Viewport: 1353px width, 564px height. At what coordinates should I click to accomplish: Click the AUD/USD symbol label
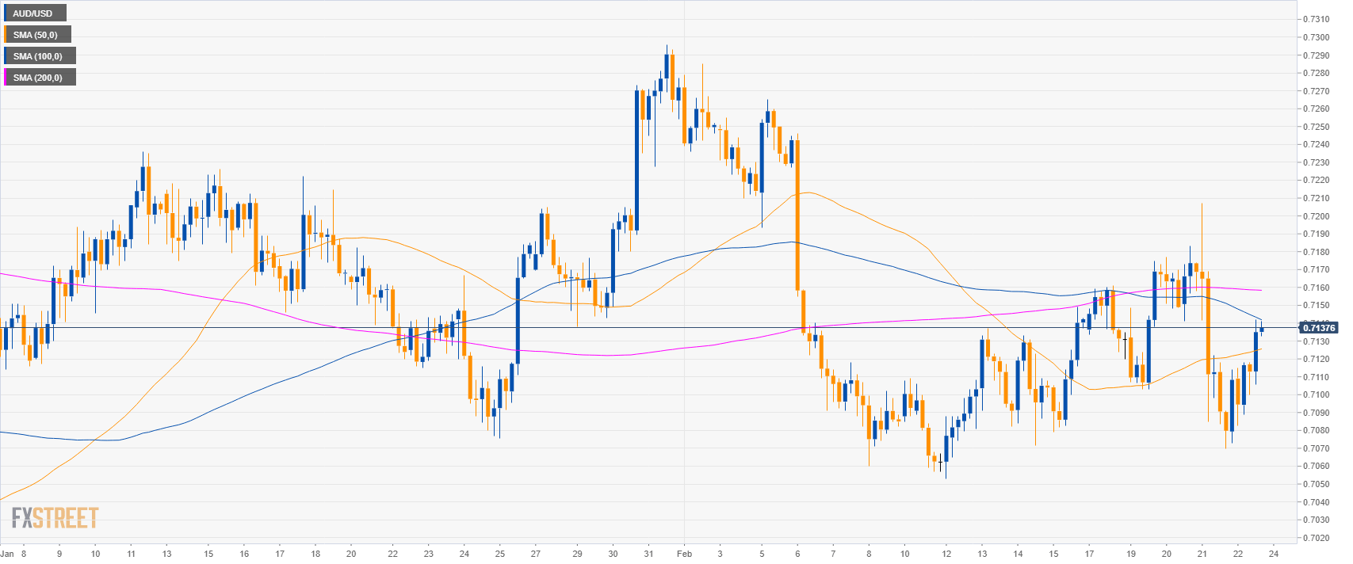(x=32, y=13)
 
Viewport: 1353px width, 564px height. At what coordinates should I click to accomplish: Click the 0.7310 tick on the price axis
(x=1317, y=19)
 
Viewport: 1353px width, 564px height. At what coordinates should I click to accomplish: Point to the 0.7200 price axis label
(x=1317, y=216)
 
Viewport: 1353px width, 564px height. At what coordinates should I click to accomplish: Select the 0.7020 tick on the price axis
(x=1317, y=538)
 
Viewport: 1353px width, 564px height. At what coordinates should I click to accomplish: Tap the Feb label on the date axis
(x=683, y=554)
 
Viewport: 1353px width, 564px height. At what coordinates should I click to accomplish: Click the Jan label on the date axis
(x=7, y=554)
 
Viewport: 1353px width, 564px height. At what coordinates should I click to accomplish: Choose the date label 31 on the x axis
(x=648, y=554)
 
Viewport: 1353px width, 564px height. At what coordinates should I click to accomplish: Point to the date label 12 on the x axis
(x=946, y=554)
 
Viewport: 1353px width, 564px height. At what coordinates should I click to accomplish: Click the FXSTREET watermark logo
(x=55, y=518)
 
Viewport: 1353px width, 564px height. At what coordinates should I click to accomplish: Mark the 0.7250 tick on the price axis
(x=1317, y=127)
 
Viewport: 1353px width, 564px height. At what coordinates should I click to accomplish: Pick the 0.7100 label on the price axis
(x=1317, y=394)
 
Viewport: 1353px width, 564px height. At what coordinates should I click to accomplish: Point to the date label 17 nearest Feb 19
(x=1090, y=554)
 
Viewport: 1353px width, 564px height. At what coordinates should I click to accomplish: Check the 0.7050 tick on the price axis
(x=1317, y=484)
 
